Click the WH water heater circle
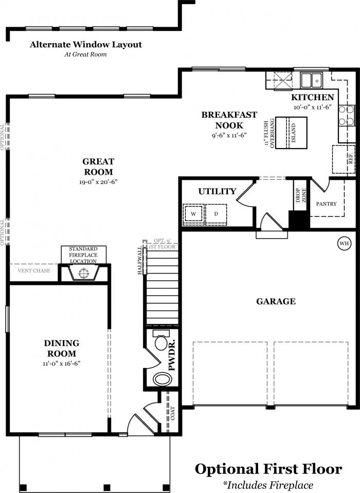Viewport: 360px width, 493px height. coord(344,243)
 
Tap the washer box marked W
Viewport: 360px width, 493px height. coord(193,214)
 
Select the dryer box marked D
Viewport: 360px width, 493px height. coord(216,214)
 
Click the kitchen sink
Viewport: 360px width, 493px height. coord(311,80)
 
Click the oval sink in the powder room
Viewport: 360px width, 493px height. coord(162,379)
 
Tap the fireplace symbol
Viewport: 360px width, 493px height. coord(83,272)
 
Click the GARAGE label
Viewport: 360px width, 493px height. coord(276,301)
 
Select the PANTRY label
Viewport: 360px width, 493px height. coord(326,204)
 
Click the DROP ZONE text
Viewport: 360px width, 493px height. coord(300,195)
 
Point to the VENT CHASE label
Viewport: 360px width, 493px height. coord(33,270)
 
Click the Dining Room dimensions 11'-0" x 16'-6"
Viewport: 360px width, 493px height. coord(62,363)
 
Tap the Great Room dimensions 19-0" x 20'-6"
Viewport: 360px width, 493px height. coord(98,182)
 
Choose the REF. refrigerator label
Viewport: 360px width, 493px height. coord(351,159)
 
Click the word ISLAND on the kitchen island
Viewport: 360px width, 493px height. coord(294,133)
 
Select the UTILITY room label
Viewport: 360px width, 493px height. coord(217,191)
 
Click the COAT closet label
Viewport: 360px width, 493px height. coord(173,413)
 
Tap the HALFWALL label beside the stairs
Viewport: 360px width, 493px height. coord(140,260)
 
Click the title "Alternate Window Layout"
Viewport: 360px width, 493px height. coord(85,45)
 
